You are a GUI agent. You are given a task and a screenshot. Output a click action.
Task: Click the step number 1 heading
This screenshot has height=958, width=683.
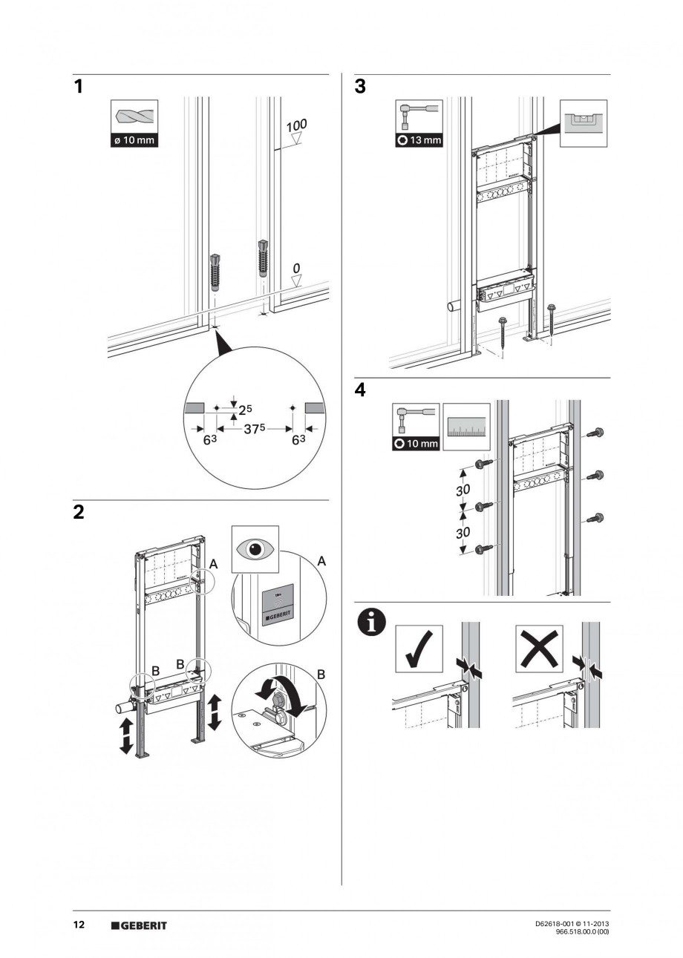(x=79, y=88)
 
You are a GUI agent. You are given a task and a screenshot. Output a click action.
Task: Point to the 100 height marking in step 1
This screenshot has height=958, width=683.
(x=297, y=125)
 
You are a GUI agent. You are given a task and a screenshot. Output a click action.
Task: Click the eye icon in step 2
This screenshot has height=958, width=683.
(x=255, y=550)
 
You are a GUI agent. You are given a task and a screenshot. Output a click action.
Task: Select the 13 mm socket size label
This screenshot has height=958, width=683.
(x=419, y=140)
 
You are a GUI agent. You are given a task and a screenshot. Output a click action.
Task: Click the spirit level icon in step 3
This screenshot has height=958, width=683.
(x=583, y=122)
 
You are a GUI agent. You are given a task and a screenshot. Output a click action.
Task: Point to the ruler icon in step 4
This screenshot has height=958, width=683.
(x=467, y=427)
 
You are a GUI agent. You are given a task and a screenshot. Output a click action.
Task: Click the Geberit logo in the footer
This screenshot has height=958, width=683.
(x=139, y=925)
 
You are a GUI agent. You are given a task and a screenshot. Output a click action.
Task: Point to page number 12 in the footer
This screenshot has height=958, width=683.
(x=79, y=925)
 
